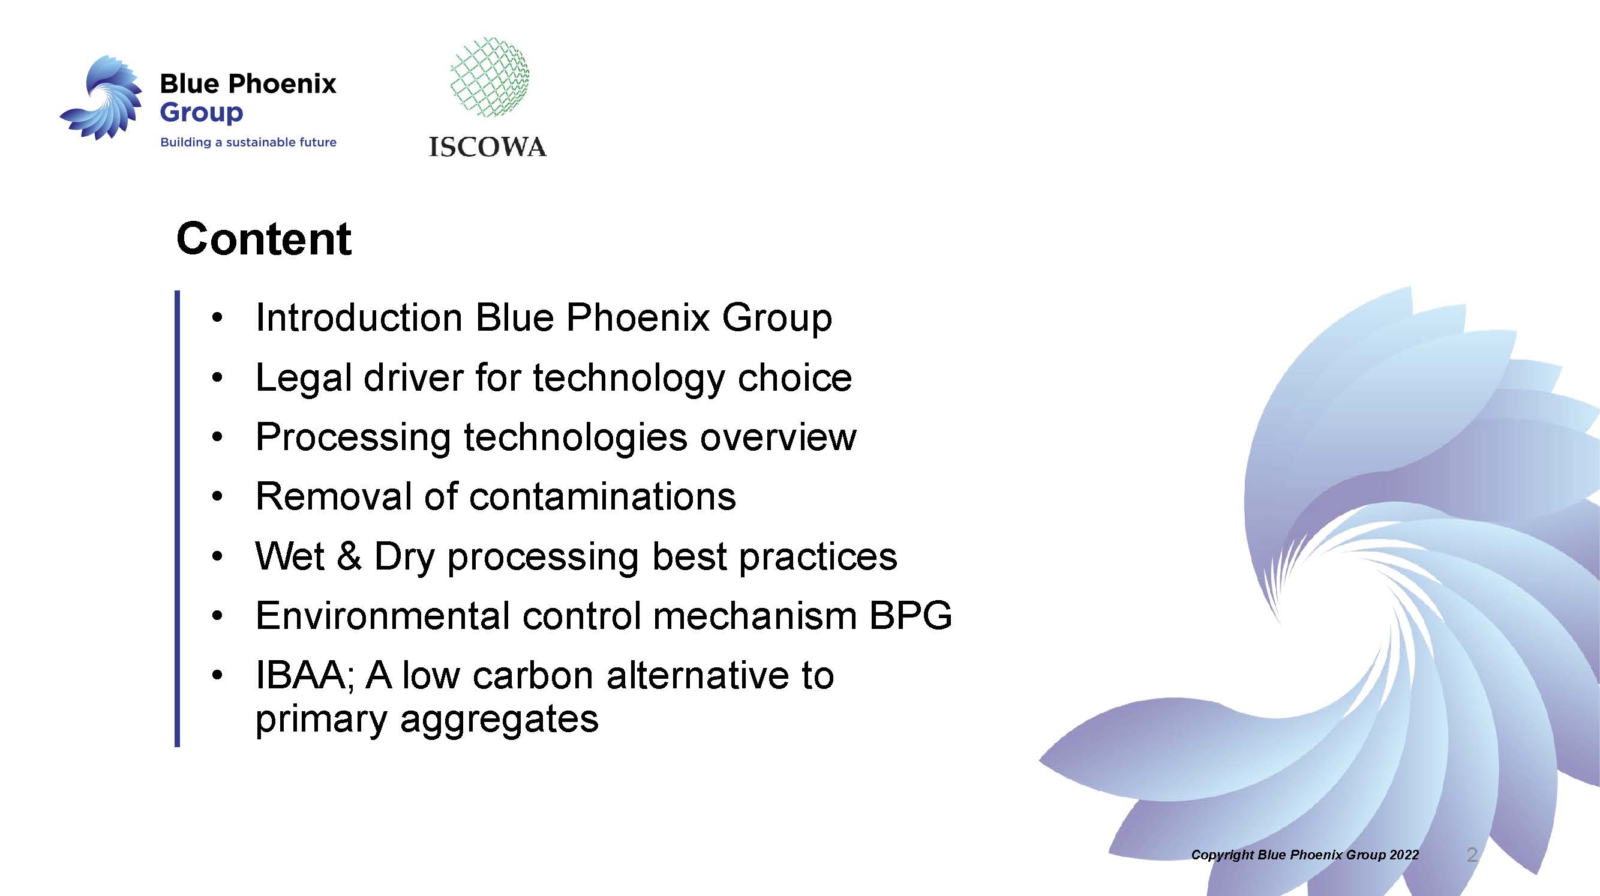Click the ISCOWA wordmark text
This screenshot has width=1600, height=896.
488,147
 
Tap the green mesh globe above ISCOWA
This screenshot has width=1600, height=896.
490,76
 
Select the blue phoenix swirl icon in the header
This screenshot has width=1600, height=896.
101,97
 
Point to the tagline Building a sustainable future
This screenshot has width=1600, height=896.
248,142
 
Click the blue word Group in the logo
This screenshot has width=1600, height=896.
201,113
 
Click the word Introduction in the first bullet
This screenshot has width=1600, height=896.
359,317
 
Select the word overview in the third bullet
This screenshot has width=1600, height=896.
778,437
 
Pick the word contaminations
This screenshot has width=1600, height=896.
602,496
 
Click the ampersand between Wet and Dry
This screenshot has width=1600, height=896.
349,556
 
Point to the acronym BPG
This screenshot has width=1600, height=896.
911,616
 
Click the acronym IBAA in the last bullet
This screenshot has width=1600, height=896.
302,675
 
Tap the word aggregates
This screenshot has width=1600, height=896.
499,720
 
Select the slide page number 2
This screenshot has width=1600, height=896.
1472,855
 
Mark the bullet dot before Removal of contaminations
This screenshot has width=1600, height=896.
217,496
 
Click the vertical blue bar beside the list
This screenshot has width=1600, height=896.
178,519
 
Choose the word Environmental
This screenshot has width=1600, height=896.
383,616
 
